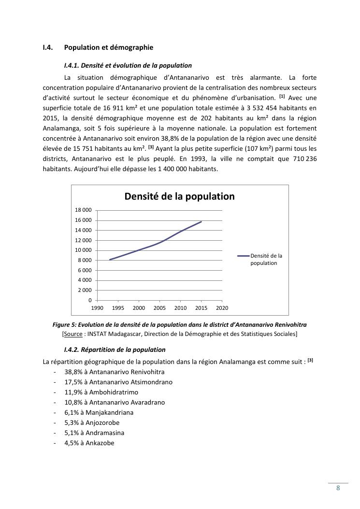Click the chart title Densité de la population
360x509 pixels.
(179, 196)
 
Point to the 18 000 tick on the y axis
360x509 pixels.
(83, 210)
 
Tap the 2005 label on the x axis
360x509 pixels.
(160, 308)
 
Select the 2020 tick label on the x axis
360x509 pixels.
(222, 308)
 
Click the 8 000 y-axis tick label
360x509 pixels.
(85, 261)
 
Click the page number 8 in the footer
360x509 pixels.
(338, 488)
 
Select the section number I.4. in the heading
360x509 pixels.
(47, 47)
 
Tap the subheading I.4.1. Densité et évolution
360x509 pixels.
(128, 65)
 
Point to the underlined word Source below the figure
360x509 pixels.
(73, 334)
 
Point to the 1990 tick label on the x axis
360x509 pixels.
(98, 308)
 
